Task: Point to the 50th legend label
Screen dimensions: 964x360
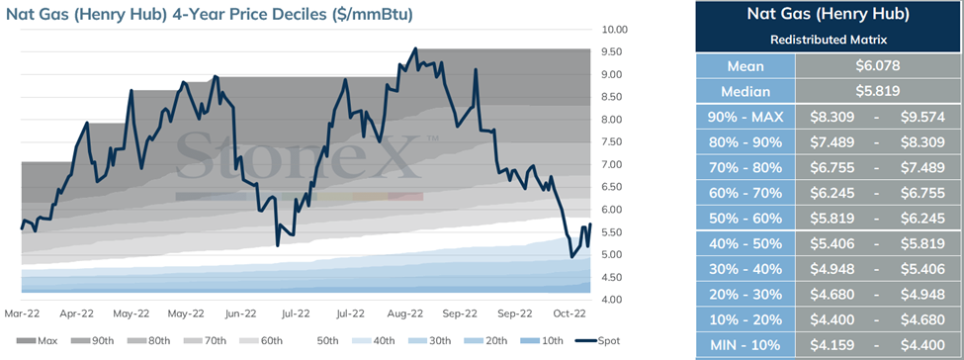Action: point(328,340)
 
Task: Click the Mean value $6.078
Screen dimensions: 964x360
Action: point(878,66)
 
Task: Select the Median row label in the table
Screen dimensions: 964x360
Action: point(745,92)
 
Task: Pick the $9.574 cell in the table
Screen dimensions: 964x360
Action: point(922,117)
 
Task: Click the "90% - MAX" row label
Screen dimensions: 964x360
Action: point(745,117)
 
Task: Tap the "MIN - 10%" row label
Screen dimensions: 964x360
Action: point(745,345)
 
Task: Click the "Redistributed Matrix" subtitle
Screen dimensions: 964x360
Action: point(828,40)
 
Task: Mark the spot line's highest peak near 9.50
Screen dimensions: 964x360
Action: point(415,48)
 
